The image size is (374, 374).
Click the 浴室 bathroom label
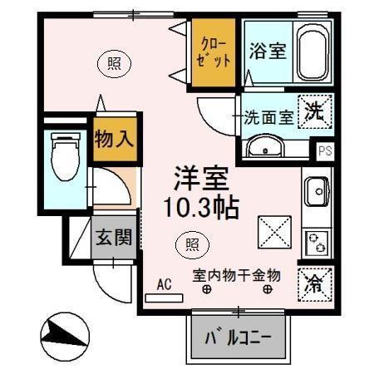(x=267, y=51)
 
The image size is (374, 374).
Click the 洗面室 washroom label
(x=268, y=117)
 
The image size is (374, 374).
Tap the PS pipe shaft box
(x=324, y=151)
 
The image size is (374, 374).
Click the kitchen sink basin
(x=317, y=193)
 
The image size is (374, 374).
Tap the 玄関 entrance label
(x=112, y=238)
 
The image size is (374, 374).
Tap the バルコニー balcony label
(x=238, y=339)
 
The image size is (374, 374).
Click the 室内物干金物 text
(x=237, y=274)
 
